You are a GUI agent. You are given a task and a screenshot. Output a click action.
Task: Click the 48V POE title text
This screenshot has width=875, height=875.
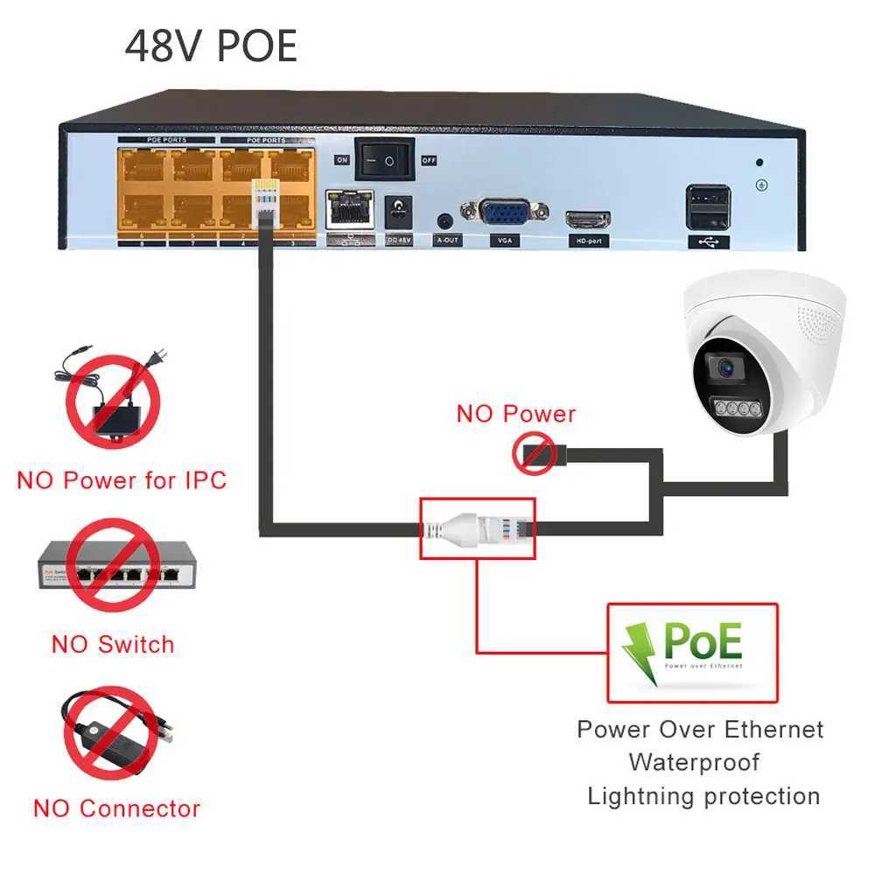[211, 46]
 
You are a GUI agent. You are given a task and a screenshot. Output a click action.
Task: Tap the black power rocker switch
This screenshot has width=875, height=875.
[382, 159]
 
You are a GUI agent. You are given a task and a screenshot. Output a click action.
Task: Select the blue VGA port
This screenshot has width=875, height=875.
[505, 213]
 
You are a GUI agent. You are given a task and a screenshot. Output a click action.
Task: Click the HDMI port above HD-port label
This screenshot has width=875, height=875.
[587, 219]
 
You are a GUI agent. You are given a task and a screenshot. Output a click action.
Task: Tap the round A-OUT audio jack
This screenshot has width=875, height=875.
[446, 220]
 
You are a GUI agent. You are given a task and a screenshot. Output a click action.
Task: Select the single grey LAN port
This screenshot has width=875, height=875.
[349, 210]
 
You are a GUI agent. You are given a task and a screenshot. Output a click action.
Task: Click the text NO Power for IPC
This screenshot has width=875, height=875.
[122, 480]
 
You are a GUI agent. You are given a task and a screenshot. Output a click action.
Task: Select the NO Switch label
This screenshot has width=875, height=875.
[113, 645]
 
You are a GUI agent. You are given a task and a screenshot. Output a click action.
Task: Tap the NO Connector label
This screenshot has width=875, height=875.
[116, 808]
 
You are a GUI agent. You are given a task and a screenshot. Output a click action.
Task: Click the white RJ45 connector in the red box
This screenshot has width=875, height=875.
[479, 528]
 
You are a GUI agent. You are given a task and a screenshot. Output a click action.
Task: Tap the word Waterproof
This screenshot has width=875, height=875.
[694, 762]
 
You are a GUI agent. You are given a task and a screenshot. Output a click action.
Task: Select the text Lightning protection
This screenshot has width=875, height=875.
[703, 796]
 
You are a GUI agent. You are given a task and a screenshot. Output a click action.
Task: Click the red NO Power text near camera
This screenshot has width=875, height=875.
[516, 413]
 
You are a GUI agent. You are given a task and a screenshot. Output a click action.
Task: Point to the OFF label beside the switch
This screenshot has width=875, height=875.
[429, 160]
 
